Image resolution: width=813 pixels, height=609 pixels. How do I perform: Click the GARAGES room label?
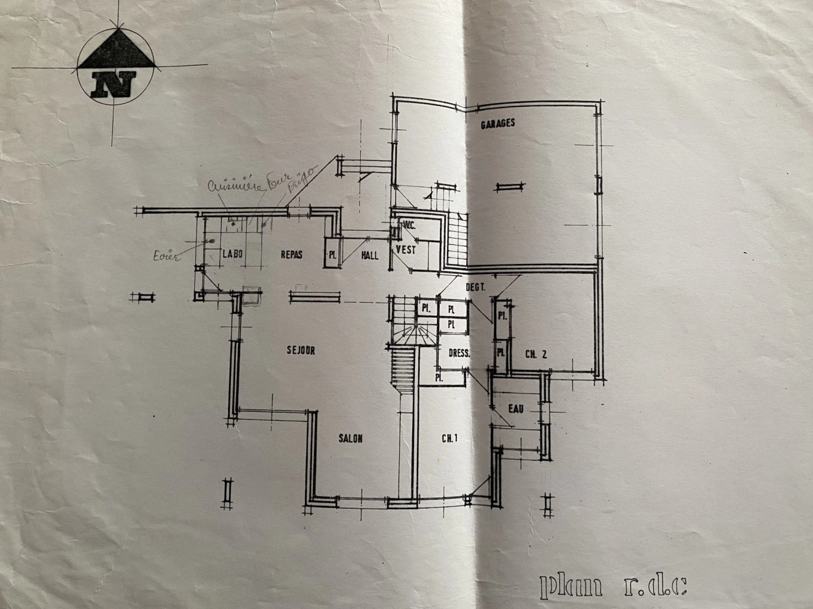pyautogui.click(x=497, y=124)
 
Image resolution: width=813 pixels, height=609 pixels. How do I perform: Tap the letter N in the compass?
pyautogui.click(x=115, y=85)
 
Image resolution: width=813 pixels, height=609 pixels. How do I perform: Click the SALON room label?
pyautogui.click(x=351, y=438)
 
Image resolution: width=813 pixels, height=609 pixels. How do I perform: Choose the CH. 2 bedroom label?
pyautogui.click(x=536, y=355)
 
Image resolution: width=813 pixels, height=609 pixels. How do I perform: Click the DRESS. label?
pyautogui.click(x=460, y=354)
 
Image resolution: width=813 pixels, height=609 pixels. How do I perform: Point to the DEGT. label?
pyautogui.click(x=475, y=287)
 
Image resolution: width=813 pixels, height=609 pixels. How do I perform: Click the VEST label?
pyautogui.click(x=406, y=249)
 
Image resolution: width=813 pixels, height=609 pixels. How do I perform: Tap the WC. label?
pyautogui.click(x=408, y=225)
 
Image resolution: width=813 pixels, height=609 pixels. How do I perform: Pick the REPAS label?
pyautogui.click(x=291, y=254)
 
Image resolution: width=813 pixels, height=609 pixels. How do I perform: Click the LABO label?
pyautogui.click(x=231, y=254)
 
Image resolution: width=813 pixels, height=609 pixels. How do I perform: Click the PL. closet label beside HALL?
pyautogui.click(x=331, y=255)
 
